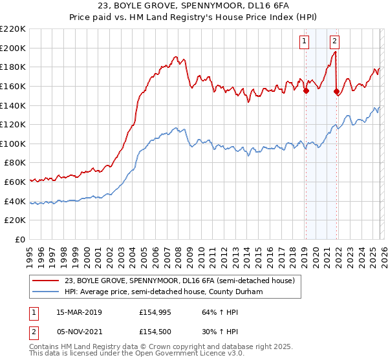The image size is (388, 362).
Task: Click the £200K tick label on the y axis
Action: (x=13, y=48)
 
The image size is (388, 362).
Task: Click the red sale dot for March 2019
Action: (x=306, y=90)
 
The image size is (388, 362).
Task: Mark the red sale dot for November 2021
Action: (x=336, y=91)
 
